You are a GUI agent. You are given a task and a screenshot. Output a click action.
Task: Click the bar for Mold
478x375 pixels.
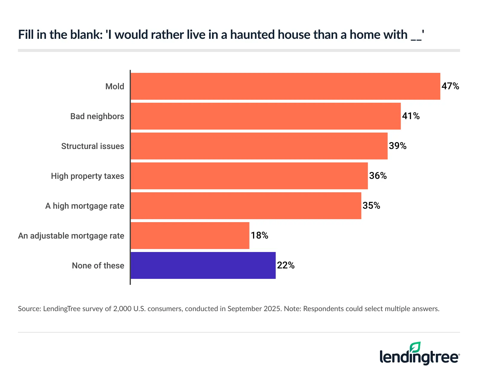pyautogui.click(x=285, y=86)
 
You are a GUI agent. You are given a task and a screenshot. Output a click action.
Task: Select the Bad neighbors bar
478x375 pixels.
pyautogui.click(x=266, y=116)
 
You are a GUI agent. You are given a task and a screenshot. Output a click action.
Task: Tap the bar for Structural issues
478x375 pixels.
pyautogui.click(x=259, y=146)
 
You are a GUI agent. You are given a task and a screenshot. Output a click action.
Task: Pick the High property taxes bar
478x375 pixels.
pyautogui.click(x=249, y=176)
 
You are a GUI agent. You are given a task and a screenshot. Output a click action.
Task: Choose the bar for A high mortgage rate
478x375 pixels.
pyautogui.click(x=246, y=206)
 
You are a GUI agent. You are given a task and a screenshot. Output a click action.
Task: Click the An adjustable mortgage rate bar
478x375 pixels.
pyautogui.click(x=190, y=236)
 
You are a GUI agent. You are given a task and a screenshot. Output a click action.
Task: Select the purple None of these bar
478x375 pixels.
pyautogui.click(x=203, y=265)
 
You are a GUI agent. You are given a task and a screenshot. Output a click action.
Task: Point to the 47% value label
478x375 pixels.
pyautogui.click(x=450, y=86)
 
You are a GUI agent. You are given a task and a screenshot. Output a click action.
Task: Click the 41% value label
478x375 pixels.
pyautogui.click(x=411, y=116)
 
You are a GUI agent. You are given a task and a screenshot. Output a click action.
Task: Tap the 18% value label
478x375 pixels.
pyautogui.click(x=259, y=236)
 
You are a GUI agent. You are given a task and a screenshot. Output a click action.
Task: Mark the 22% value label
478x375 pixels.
pyautogui.click(x=286, y=265)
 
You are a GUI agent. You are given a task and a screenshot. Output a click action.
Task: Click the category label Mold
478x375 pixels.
pyautogui.click(x=115, y=87)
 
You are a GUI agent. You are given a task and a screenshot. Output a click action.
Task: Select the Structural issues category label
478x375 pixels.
pyautogui.click(x=93, y=146)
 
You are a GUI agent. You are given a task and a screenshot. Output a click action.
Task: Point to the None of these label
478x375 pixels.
pyautogui.click(x=98, y=266)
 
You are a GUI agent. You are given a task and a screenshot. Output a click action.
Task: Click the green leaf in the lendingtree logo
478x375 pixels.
pyautogui.click(x=415, y=347)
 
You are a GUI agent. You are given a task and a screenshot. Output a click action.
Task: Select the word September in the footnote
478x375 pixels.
pyautogui.click(x=242, y=309)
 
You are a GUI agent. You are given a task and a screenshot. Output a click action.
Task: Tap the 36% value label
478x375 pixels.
pyautogui.click(x=378, y=176)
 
